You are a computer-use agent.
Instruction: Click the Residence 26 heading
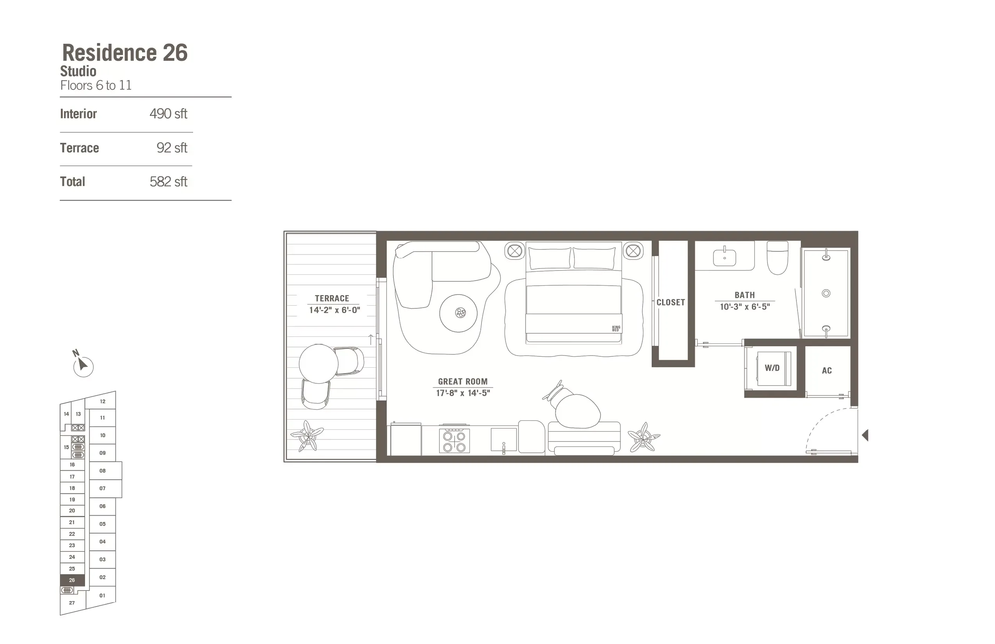[x=124, y=53]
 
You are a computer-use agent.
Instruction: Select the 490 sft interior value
[x=168, y=114]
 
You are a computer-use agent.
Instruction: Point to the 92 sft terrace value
[x=172, y=148]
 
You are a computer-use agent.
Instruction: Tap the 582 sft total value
[x=168, y=181]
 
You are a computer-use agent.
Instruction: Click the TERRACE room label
[x=332, y=298]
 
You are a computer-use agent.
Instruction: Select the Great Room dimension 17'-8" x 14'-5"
[x=463, y=393]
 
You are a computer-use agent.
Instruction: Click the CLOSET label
[x=670, y=302]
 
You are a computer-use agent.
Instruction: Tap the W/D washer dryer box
[x=772, y=368]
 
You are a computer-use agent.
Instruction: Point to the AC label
[x=826, y=370]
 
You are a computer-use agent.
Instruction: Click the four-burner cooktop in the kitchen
[x=455, y=441]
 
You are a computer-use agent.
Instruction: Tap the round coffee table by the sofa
[x=458, y=313]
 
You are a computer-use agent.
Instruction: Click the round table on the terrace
[x=318, y=363]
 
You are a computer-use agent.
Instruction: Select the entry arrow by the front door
[x=865, y=435]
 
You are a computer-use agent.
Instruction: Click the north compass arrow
[x=83, y=365]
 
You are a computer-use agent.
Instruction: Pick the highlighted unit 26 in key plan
[x=72, y=580]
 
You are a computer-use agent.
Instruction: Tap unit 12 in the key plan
[x=102, y=402]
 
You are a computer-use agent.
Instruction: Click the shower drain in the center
[x=826, y=293]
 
